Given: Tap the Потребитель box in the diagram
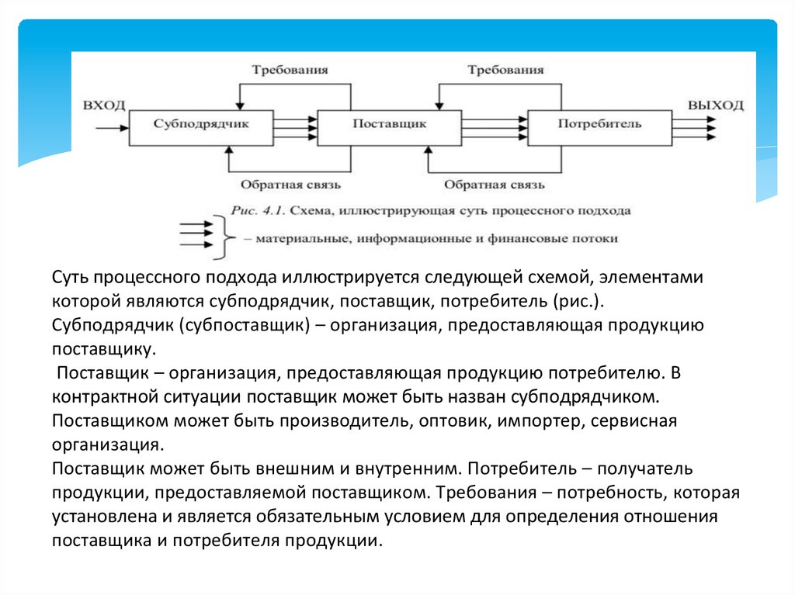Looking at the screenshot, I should tap(599, 125).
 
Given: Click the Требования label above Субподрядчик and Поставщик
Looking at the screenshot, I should tap(290, 69).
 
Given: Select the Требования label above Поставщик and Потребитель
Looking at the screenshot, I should tap(505, 69).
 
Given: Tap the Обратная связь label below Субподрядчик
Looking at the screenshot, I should tap(290, 185).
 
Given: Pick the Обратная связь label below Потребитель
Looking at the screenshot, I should tap(495, 185).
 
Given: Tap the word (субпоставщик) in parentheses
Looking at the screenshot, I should tap(247, 325).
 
